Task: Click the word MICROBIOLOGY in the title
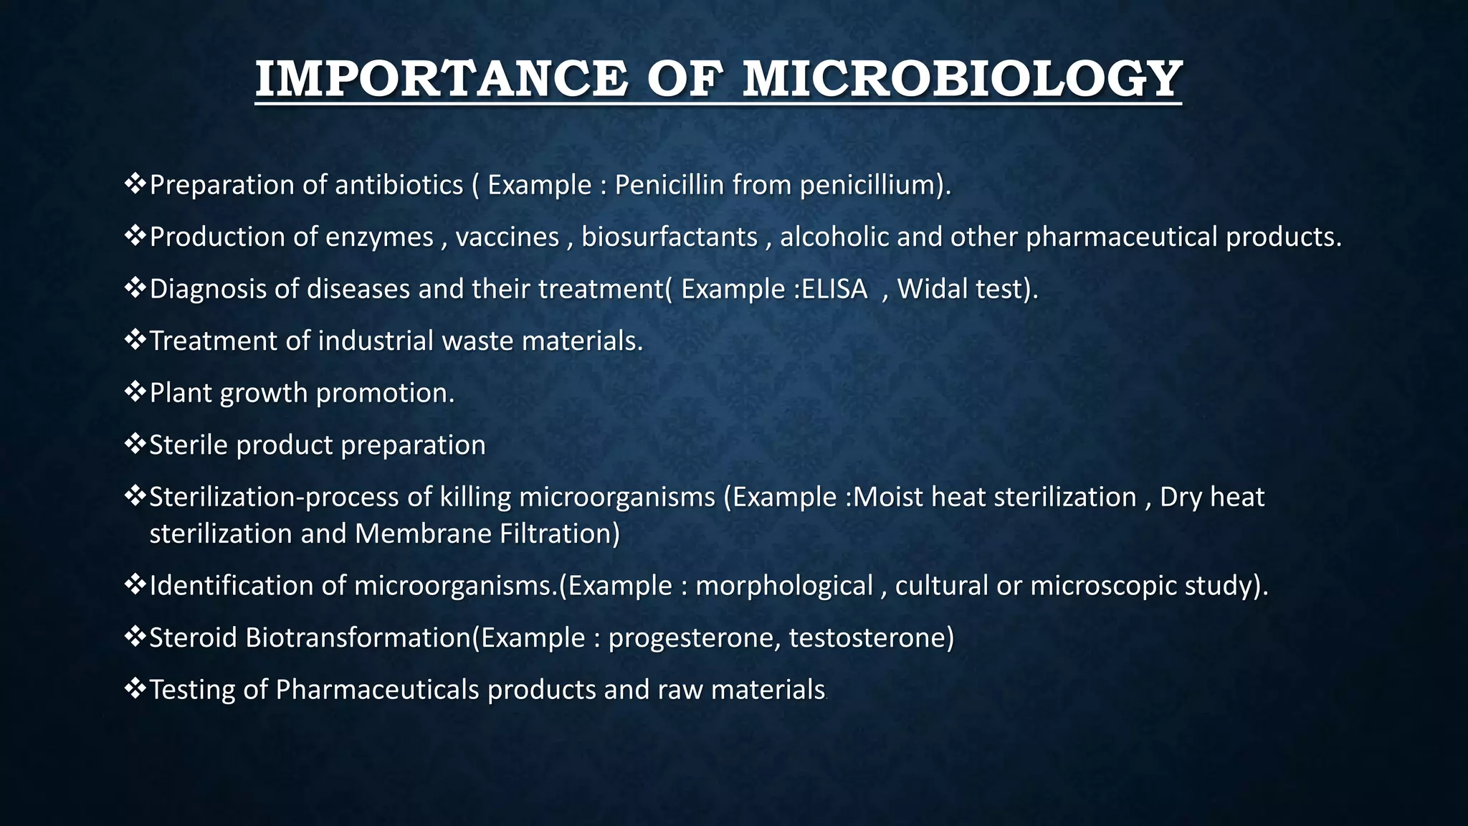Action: coord(962,79)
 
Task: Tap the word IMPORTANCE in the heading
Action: coord(441,79)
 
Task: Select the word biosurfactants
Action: coord(669,237)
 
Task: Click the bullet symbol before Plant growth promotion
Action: coord(135,391)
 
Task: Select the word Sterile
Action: coord(189,445)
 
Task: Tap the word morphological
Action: coord(784,586)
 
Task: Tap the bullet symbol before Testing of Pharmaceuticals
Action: coord(135,688)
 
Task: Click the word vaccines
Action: coord(507,237)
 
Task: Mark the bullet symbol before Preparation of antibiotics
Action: coord(135,184)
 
